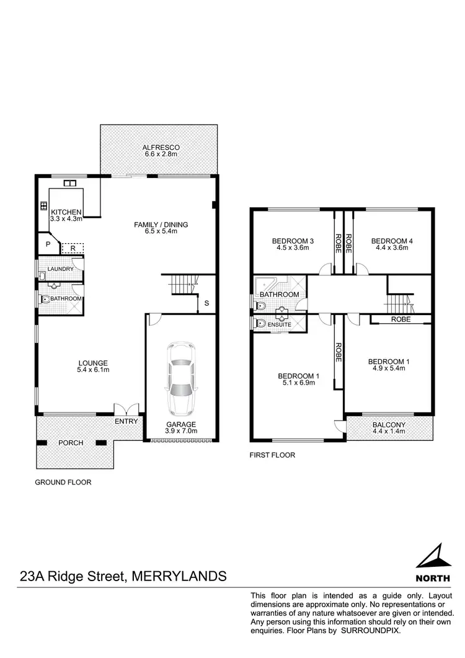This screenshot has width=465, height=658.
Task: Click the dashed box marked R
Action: coord(73,247)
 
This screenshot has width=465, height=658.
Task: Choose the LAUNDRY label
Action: coord(61,269)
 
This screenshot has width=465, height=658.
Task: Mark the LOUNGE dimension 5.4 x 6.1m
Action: coord(93,371)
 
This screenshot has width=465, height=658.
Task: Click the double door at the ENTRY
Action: coord(126,410)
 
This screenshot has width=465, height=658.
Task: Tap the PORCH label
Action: coord(71,443)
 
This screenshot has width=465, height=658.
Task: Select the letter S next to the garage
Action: coord(206,303)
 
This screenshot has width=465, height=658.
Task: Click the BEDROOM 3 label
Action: coord(291,241)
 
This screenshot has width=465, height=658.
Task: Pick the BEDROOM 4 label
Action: coord(391,241)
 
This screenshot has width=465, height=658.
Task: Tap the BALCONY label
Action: coord(389,425)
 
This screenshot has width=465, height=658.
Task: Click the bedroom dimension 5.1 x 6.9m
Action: coord(297,383)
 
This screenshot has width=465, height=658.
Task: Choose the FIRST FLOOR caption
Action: coord(272,455)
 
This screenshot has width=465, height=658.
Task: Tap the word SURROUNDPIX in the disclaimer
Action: coord(371,630)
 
